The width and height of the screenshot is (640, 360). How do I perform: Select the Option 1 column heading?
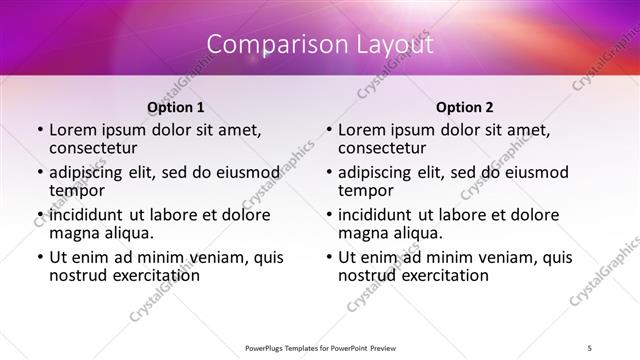coord(176,106)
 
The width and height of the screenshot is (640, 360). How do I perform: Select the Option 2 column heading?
coord(465,106)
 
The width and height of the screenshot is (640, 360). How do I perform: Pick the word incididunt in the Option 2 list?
coord(375,214)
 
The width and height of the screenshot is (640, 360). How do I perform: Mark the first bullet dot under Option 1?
coord(38,130)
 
